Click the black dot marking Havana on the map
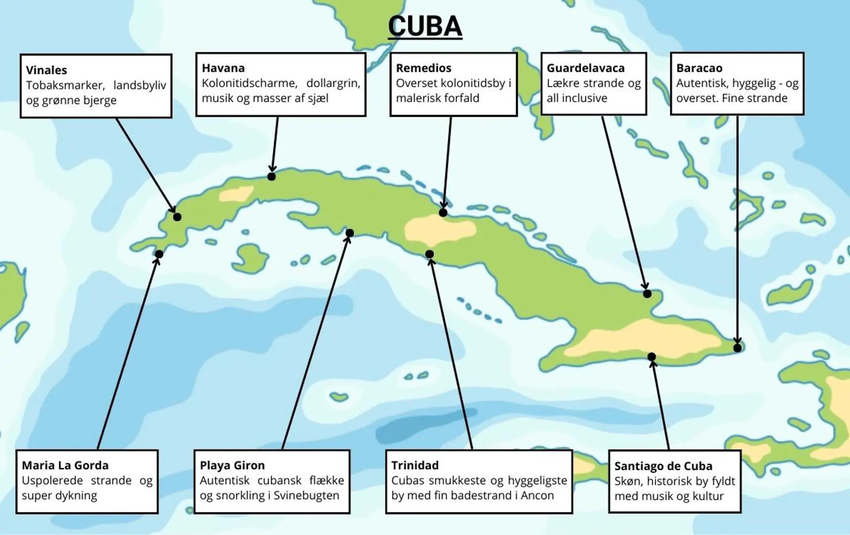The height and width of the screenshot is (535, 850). coord(271,177)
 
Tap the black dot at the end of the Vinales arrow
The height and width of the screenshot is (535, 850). coord(177,217)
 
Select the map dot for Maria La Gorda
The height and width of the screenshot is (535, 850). coord(159,254)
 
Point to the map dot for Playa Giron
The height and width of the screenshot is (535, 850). coord(350,233)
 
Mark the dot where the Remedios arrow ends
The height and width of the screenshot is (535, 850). coord(443,212)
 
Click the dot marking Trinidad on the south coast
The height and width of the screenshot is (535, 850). coord(429,254)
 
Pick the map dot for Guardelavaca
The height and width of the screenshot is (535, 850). coord(647,293)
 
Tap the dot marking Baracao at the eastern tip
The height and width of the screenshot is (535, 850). coord(738,348)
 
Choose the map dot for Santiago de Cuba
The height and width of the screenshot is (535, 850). coord(652,357)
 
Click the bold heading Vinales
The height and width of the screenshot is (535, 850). coord(46,70)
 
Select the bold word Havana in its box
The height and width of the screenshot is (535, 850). coord(223,68)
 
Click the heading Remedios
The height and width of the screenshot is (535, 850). coord(424,68)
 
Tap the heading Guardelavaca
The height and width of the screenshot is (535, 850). coord(585,68)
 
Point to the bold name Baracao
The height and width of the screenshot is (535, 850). coord(699,68)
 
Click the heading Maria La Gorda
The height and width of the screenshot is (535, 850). coord(65,466)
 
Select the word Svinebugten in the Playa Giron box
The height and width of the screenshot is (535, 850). coord(306,495)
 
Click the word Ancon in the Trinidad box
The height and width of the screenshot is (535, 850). coord(537,495)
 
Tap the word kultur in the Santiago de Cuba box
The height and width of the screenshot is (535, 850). coord(708,496)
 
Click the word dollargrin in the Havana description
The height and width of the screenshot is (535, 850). coord(333,83)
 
